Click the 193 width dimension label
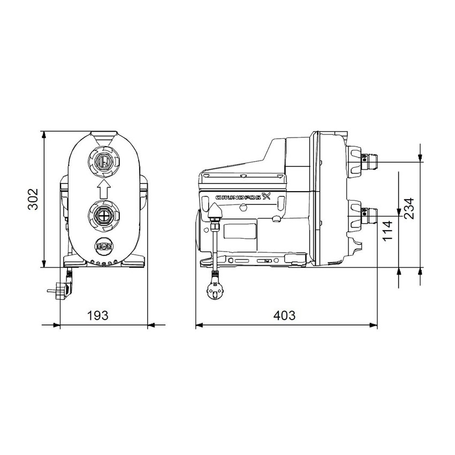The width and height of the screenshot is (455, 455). click(x=98, y=315)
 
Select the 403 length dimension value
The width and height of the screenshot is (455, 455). click(x=284, y=315)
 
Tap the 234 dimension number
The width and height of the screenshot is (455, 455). click(x=408, y=209)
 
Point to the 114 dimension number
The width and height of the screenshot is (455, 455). click(x=389, y=230)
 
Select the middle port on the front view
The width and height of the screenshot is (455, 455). click(x=104, y=216)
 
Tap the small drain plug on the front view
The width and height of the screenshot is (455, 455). click(x=104, y=247)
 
